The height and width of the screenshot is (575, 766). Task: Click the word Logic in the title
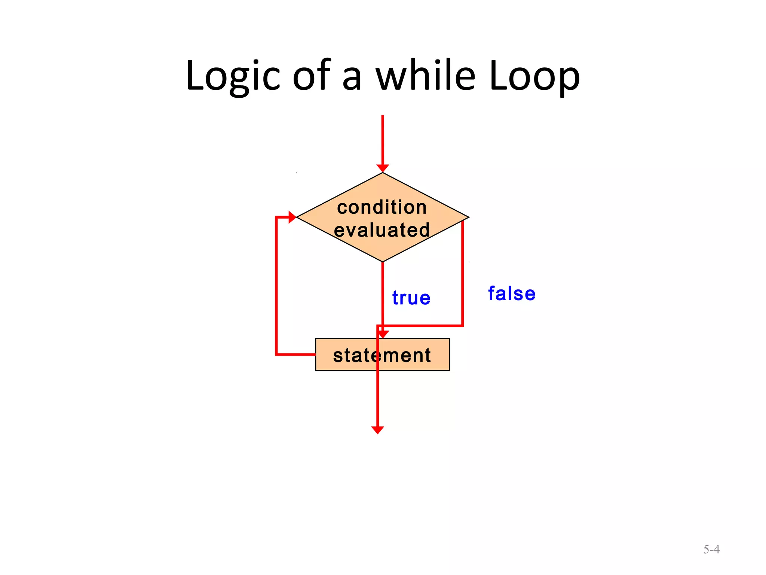pos(233,77)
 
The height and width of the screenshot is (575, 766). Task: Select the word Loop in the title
pos(534,77)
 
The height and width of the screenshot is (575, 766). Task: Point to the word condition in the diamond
pos(382,207)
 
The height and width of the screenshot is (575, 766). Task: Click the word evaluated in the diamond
pos(382,230)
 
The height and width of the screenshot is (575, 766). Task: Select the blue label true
pos(411,298)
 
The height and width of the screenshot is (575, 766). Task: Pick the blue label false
pos(512,293)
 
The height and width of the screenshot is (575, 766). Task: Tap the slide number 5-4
pos(711,549)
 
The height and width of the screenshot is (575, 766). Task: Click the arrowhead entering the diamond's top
pos(383,168)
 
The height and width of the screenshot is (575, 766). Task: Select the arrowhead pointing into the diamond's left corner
pos(292,217)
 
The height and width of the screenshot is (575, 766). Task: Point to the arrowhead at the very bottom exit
pos(378,430)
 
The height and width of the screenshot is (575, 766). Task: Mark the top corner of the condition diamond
pos(383,173)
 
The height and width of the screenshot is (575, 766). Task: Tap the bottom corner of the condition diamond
pos(383,261)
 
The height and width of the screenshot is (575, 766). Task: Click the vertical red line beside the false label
pos(463,273)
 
